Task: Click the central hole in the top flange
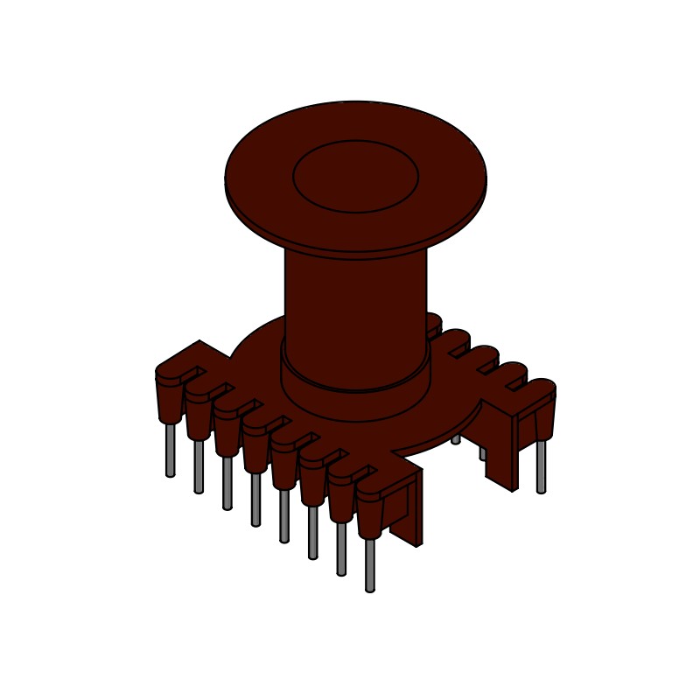pyautogui.click(x=355, y=176)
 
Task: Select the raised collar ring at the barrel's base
pyautogui.click(x=355, y=398)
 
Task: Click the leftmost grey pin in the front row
pyautogui.click(x=171, y=451)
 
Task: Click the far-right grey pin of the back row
pyautogui.click(x=541, y=465)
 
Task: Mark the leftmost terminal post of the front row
pyautogui.click(x=170, y=398)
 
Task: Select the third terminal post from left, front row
pyautogui.click(x=227, y=431)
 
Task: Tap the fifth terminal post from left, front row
pyautogui.click(x=283, y=464)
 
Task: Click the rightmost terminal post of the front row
pyautogui.click(x=369, y=514)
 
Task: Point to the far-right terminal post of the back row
pyautogui.click(x=543, y=411)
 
